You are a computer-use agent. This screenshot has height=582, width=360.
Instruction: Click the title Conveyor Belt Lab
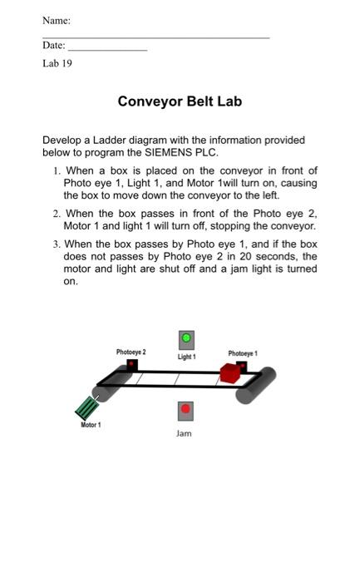(x=180, y=102)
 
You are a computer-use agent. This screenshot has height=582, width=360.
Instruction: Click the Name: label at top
(x=57, y=20)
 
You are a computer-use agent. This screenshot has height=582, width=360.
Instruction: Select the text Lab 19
(x=57, y=63)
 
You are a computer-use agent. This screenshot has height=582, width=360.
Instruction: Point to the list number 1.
(x=56, y=170)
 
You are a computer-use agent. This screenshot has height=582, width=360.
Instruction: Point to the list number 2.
(x=56, y=214)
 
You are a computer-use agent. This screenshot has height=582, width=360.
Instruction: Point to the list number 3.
(x=56, y=244)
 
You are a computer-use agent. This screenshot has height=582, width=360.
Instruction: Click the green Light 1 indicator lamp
(x=186, y=338)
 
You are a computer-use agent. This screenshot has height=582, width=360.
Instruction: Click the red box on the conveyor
(x=230, y=372)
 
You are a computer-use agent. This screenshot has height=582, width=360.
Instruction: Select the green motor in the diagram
(x=87, y=407)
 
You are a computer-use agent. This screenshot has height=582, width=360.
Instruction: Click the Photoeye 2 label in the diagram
(x=131, y=353)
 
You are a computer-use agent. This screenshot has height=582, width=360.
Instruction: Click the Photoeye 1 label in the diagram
(x=243, y=353)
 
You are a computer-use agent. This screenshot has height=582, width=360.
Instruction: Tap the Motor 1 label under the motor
(x=91, y=426)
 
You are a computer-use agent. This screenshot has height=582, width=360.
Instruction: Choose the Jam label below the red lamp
(x=185, y=434)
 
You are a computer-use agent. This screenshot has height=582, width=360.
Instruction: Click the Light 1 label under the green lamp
(x=186, y=357)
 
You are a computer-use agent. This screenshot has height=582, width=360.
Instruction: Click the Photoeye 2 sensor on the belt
(x=131, y=364)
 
